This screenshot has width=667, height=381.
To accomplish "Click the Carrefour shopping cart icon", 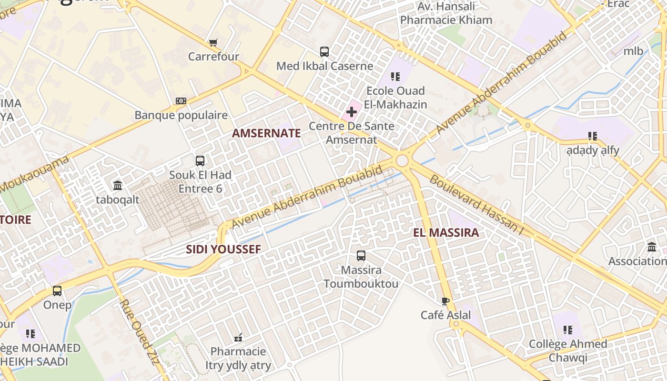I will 213,43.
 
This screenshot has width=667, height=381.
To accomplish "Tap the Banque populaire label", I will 181,115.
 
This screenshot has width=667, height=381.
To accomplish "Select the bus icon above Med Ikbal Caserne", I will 324,52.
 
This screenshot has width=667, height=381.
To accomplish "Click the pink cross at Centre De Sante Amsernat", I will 352,112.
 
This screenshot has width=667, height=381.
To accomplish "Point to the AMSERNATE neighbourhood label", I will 266,133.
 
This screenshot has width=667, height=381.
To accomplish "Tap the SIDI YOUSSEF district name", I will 223,249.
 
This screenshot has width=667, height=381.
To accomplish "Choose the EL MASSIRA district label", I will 446,233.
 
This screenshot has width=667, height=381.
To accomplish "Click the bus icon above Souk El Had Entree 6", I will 200,161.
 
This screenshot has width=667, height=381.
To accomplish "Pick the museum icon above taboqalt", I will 117,185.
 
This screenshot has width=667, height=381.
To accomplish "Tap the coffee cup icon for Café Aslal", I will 445,301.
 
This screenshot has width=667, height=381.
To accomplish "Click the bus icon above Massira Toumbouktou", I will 361,256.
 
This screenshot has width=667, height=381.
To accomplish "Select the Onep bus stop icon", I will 57,291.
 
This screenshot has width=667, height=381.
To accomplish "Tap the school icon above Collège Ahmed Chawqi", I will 567,330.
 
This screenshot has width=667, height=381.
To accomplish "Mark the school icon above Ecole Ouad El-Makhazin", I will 395,76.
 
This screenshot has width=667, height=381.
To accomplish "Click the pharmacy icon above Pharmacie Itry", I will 238,338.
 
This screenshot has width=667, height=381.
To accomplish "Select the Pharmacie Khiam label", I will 446,20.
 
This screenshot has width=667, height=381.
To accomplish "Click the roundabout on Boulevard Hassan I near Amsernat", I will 402,160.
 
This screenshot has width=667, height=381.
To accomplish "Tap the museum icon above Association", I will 652,247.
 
